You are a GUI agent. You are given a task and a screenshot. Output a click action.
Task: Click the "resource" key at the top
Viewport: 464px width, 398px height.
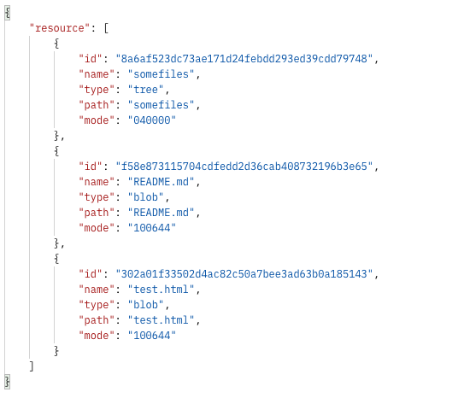coord(60,28)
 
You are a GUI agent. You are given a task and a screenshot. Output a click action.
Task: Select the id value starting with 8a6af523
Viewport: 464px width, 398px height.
coord(244,59)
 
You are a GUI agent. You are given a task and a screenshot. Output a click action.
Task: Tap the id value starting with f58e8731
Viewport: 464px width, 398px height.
coord(244,167)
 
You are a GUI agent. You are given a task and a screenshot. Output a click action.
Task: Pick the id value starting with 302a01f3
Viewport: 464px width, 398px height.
coord(244,274)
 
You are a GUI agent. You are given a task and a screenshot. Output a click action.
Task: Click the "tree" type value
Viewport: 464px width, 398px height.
coord(145,90)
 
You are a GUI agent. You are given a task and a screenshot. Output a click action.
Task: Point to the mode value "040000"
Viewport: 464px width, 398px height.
coord(152,120)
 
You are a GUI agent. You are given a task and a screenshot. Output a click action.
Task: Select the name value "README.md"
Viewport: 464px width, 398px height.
coord(161,182)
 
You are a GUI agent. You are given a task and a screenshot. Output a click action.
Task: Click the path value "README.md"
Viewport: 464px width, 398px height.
coord(161,213)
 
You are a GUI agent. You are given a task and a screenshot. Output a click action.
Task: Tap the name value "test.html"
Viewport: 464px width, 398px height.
coord(161,290)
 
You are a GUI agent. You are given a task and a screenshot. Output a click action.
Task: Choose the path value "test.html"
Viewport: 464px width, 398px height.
coord(161,320)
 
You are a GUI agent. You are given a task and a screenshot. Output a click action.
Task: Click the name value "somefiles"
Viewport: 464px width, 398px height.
coord(161,74)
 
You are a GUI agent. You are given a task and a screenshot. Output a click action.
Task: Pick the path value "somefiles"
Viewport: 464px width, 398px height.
coord(161,105)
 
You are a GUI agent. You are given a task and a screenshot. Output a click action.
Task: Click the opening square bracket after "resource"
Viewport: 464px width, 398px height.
coord(106,28)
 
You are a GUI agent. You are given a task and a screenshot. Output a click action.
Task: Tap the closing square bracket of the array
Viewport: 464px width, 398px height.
coord(32,366)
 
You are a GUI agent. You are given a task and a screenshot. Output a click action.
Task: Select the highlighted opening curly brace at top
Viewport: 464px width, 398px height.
coord(8,13)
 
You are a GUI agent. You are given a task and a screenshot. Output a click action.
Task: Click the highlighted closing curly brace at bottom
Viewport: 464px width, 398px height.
coord(8,382)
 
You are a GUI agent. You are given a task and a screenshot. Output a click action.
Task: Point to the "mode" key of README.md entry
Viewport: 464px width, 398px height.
coord(97,228)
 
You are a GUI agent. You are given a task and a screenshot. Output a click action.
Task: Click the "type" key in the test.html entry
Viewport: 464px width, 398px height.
coord(97,305)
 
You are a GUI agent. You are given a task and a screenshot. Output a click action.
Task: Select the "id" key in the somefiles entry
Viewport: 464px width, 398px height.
coord(91,59)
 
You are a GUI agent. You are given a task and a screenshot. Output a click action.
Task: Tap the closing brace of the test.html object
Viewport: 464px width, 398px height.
coord(56,351)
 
